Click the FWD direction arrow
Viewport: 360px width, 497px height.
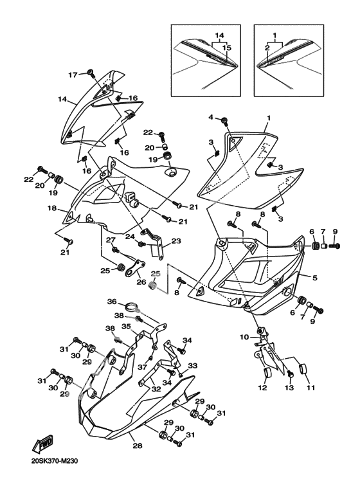pyautogui.click(x=42, y=444)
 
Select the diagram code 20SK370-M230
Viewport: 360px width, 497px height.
pyautogui.click(x=55, y=461)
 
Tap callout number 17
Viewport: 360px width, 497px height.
pyautogui.click(x=73, y=75)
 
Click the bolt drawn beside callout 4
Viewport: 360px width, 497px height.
pyautogui.click(x=224, y=120)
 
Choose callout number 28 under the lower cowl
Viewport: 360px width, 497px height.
pyautogui.click(x=138, y=446)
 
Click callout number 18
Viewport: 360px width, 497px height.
pyautogui.click(x=52, y=208)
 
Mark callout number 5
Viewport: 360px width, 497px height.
pyautogui.click(x=314, y=278)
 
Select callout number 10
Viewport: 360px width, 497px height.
pyautogui.click(x=244, y=337)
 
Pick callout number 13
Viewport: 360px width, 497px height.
pyautogui.click(x=289, y=388)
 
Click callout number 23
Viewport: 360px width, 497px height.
pyautogui.click(x=176, y=241)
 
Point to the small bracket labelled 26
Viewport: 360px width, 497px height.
pyautogui.click(x=134, y=267)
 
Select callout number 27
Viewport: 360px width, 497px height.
pyautogui.click(x=110, y=240)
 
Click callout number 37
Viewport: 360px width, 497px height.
pyautogui.click(x=142, y=367)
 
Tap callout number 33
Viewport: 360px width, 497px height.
pyautogui.click(x=192, y=366)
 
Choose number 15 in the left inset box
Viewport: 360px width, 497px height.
pyautogui.click(x=226, y=48)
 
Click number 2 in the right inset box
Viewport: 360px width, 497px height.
pyautogui.click(x=267, y=48)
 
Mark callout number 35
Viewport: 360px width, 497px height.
pyautogui.click(x=126, y=326)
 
